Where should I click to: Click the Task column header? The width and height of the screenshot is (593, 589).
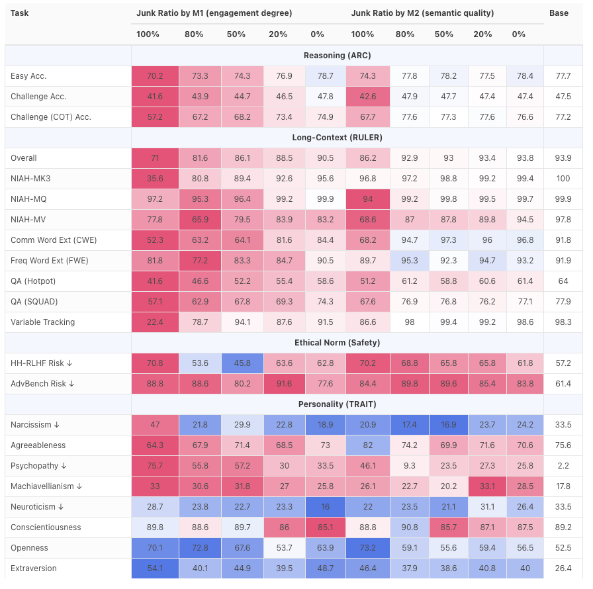[20, 13]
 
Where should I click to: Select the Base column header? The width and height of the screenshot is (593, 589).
[559, 13]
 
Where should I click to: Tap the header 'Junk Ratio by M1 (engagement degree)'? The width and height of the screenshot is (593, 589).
[214, 13]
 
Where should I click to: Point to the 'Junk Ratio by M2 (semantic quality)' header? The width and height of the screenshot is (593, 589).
[422, 13]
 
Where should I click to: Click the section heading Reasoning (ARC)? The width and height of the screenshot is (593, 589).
[338, 56]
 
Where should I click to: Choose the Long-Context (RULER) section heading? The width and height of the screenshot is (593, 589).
[338, 138]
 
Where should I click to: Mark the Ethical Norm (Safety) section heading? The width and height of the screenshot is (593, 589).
[338, 343]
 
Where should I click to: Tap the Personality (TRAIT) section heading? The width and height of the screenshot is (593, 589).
[338, 404]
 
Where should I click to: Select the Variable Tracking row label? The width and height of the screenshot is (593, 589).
[42, 322]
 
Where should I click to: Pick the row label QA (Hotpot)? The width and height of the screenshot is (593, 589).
[33, 281]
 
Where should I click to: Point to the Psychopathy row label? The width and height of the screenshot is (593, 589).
[39, 466]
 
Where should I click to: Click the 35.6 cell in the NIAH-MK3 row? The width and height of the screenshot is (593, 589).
[155, 179]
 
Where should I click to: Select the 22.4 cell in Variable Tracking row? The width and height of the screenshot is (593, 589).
[155, 322]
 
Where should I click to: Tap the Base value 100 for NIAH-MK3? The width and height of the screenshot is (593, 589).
[563, 179]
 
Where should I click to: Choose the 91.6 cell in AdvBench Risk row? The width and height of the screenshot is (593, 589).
[284, 384]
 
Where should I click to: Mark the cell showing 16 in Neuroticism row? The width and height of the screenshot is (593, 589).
[325, 507]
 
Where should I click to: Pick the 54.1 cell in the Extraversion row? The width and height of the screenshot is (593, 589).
[155, 568]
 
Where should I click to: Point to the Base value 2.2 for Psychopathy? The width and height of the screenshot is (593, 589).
[563, 466]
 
